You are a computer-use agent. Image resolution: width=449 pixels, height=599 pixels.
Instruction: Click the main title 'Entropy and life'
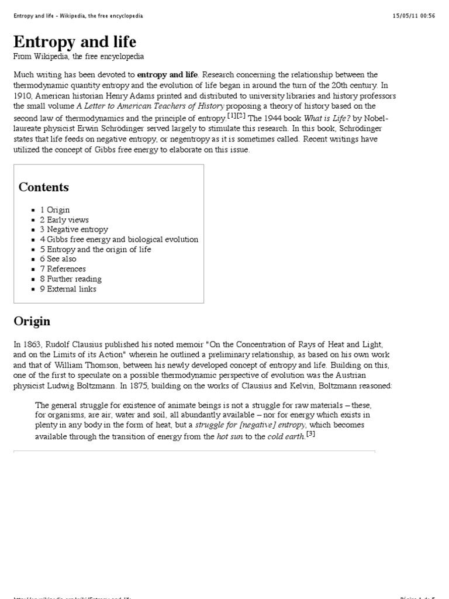click(x=75, y=42)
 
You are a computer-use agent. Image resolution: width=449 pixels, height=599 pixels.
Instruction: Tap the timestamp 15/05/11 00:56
click(x=414, y=16)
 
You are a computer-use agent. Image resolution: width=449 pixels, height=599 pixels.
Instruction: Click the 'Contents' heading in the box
click(x=44, y=187)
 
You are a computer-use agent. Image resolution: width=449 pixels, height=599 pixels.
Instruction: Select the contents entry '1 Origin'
click(x=55, y=210)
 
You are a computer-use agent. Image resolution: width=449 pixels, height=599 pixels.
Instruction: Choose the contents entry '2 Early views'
click(x=64, y=220)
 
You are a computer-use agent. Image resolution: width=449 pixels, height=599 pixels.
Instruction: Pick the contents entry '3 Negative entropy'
click(x=74, y=230)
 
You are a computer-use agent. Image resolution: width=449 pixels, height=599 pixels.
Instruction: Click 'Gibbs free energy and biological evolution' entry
click(x=119, y=239)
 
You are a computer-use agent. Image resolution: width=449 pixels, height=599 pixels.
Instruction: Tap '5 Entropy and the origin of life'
click(x=95, y=249)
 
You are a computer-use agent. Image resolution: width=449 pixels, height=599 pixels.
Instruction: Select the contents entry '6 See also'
click(x=58, y=259)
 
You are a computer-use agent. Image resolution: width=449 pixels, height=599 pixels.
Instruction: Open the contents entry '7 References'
click(x=63, y=269)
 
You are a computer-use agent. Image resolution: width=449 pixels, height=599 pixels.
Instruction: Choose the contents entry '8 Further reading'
click(x=71, y=279)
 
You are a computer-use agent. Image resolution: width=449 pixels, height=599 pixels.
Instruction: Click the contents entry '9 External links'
click(x=68, y=289)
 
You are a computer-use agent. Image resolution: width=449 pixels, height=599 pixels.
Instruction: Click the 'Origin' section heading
click(x=32, y=321)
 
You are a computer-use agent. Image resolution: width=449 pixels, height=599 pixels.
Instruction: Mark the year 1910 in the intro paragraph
click(x=24, y=96)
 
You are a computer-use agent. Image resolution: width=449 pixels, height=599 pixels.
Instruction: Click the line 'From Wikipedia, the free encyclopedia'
click(x=79, y=57)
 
